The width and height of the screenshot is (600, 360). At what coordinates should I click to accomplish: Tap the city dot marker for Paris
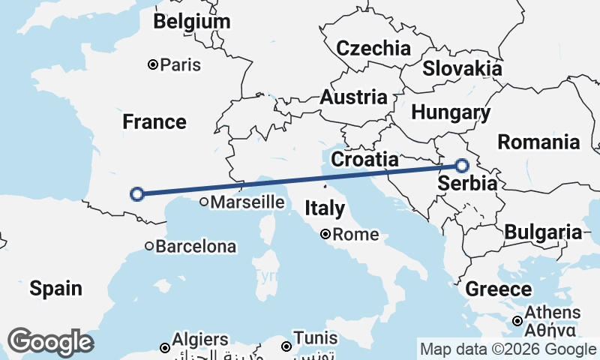pyautogui.click(x=153, y=65)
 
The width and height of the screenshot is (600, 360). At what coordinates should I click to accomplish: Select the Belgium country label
pyautogui.click(x=191, y=22)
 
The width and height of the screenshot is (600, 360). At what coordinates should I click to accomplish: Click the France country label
pyautogui.click(x=154, y=121)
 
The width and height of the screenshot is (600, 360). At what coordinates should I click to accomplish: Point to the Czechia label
pyautogui.click(x=373, y=49)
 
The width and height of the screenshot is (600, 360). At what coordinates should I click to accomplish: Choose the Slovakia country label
pyautogui.click(x=462, y=69)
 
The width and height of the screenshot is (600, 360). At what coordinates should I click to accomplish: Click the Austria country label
pyautogui.click(x=354, y=97)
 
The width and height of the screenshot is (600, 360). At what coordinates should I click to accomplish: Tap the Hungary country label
pyautogui.click(x=451, y=113)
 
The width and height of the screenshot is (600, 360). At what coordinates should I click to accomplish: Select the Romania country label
pyautogui.click(x=539, y=142)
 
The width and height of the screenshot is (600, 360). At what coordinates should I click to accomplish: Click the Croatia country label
pyautogui.click(x=364, y=159)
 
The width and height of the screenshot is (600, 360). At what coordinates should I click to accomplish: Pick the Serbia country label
pyautogui.click(x=466, y=184)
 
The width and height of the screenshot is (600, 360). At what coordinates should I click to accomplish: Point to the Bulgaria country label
pyautogui.click(x=543, y=232)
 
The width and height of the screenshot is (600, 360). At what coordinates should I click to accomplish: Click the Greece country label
pyautogui.click(x=499, y=289)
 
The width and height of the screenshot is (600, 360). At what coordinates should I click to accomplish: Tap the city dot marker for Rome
pyautogui.click(x=325, y=234)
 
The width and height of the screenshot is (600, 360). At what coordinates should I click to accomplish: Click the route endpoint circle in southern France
pyautogui.click(x=137, y=194)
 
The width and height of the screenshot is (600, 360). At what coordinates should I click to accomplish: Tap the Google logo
pyautogui.click(x=50, y=342)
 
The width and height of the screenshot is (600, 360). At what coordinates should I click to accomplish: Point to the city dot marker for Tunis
pyautogui.click(x=286, y=346)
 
